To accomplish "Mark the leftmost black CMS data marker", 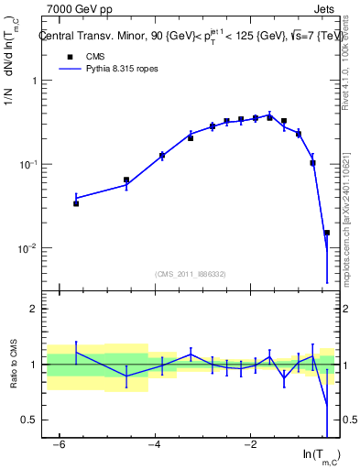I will tap(76, 203).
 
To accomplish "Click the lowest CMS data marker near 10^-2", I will tap(327, 233).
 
